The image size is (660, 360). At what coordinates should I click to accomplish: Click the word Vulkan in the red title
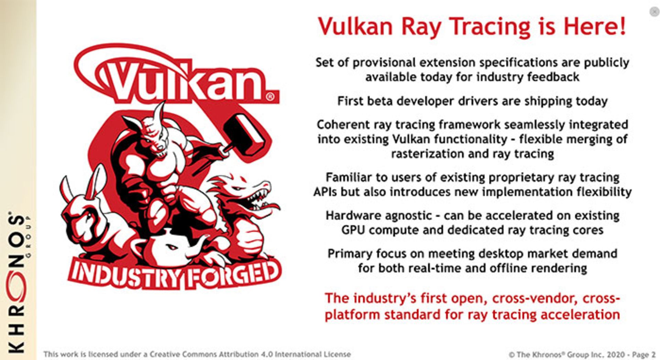[355, 27]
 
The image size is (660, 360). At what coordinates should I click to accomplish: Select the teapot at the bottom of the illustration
[172, 246]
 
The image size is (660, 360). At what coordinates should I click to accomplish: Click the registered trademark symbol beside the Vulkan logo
[271, 97]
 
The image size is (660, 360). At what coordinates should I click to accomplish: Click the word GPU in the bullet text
[353, 230]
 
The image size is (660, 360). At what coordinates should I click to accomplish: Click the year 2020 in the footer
[616, 355]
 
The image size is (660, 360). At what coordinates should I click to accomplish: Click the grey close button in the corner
[653, 12]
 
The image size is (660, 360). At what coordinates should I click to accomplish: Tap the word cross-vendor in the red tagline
[535, 298]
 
